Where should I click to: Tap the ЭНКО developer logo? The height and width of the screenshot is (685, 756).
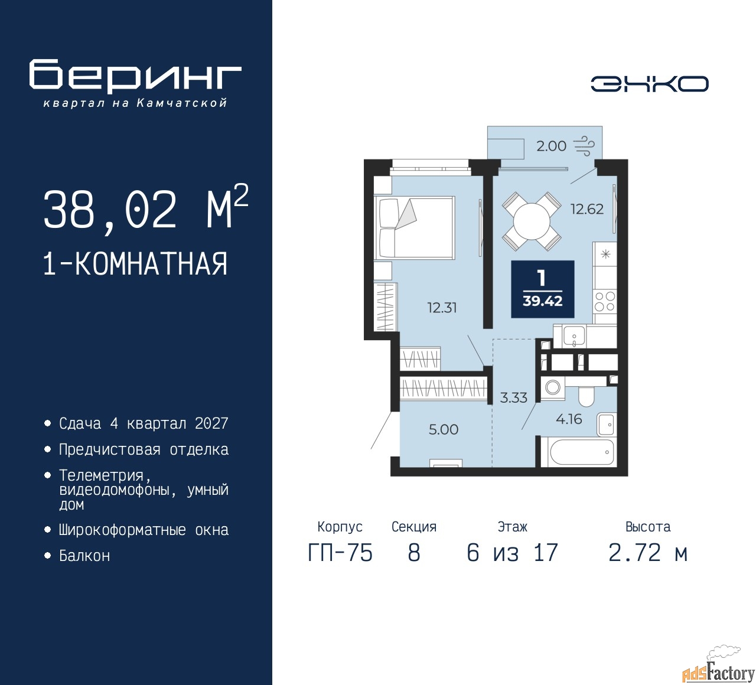tap(649, 84)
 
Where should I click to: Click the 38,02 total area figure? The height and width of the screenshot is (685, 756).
tap(110, 210)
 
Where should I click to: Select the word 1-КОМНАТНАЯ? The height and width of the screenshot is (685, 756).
tap(135, 264)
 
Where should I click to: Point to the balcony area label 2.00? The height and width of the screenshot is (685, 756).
tap(551, 146)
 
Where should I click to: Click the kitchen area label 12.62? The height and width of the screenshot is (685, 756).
tap(586, 208)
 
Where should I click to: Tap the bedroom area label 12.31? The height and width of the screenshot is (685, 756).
tap(442, 308)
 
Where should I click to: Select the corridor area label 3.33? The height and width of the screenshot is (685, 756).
tap(513, 397)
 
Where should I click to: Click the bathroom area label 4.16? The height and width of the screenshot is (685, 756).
tap(569, 419)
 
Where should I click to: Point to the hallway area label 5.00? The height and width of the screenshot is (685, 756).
tap(443, 429)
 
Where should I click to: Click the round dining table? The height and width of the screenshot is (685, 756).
tap(532, 221)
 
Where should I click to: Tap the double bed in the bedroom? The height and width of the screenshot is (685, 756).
tap(414, 227)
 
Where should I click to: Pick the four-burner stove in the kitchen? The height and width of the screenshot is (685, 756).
tap(605, 301)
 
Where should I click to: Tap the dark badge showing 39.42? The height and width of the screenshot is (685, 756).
tap(543, 289)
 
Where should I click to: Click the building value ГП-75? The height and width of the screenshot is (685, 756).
tap(340, 553)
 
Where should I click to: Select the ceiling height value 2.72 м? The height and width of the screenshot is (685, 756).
tap(648, 553)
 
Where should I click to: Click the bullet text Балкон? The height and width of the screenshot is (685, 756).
tap(84, 556)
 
